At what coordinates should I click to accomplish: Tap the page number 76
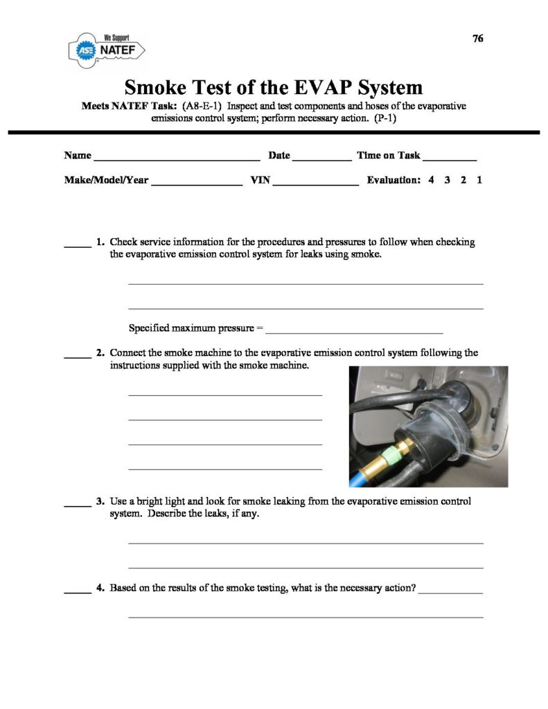[x=477, y=39]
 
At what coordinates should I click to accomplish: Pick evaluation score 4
[x=431, y=180]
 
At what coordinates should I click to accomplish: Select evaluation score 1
[x=479, y=180]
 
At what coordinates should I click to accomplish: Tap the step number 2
[x=100, y=353]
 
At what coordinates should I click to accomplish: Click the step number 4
[x=100, y=589]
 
